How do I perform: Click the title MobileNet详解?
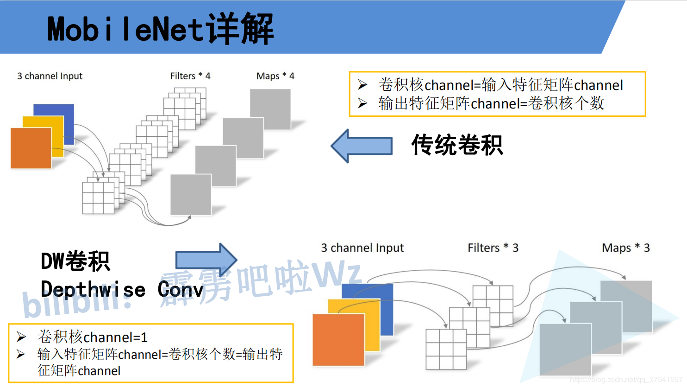tap(160, 29)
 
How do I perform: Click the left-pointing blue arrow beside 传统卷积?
tap(362, 146)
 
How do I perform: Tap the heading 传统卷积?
tap(457, 145)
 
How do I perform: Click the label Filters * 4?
tap(190, 76)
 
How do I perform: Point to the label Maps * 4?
tap(275, 76)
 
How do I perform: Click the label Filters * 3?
tap(493, 248)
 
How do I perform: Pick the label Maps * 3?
tap(625, 248)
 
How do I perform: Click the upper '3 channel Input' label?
tap(50, 76)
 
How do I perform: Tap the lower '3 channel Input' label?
tap(362, 248)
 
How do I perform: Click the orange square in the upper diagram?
tap(31, 148)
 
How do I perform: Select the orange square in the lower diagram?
tap(338, 340)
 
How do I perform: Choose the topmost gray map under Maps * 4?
tap(270, 109)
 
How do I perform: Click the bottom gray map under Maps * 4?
tap(191, 194)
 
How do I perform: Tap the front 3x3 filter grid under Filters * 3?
tap(446, 349)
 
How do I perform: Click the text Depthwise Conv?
tap(122, 289)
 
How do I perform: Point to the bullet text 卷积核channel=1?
tap(92, 337)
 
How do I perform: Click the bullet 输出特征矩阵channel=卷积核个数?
tap(491, 103)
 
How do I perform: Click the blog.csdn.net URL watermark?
tap(626, 380)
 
